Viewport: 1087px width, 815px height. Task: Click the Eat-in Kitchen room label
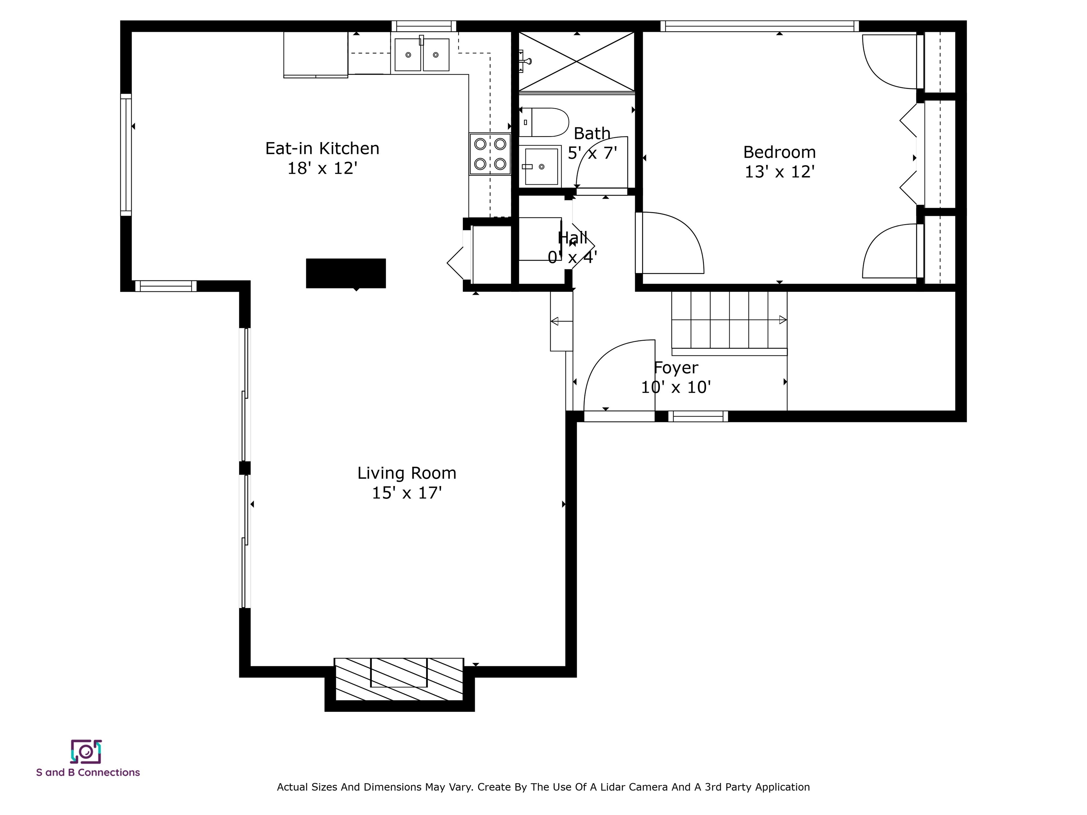click(x=322, y=148)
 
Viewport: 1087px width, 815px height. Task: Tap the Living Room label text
click(x=407, y=473)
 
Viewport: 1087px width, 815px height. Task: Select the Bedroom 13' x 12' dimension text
click(x=780, y=172)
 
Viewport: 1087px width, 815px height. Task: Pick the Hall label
click(x=573, y=238)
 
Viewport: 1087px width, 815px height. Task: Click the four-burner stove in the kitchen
click(x=490, y=154)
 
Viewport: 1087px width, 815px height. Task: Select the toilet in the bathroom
click(x=544, y=122)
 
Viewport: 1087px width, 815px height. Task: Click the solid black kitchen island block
click(x=346, y=273)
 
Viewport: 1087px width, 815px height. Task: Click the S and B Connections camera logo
click(x=86, y=751)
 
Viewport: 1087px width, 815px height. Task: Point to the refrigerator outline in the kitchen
click(x=316, y=54)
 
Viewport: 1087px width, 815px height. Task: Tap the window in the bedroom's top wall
click(x=760, y=26)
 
